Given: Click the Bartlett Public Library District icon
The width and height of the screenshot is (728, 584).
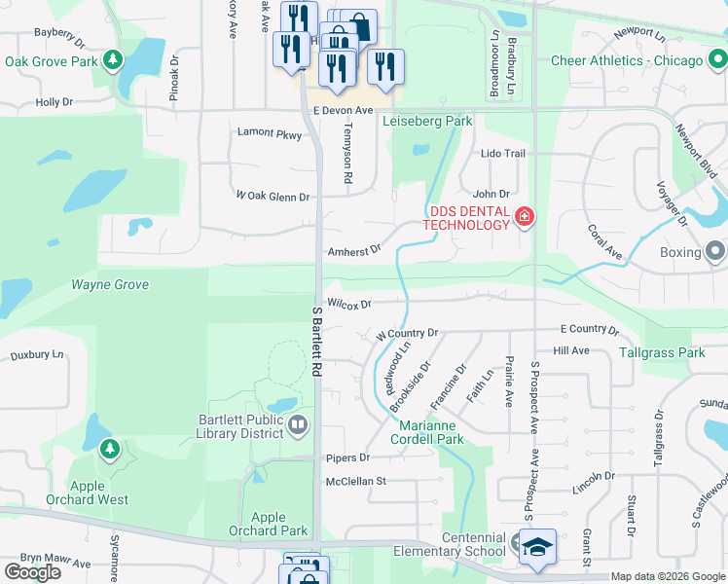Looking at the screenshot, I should (298, 423).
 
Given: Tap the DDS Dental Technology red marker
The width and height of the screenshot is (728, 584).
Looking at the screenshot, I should (525, 216).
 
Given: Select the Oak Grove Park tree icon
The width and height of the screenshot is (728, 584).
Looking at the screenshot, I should (114, 61).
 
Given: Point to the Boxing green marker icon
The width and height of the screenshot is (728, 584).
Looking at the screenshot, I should (716, 252).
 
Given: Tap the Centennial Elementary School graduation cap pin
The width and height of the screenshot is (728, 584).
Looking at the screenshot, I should (537, 547).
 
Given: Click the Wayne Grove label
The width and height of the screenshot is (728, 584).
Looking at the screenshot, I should (110, 285).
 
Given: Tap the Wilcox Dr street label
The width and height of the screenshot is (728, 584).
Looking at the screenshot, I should (349, 304).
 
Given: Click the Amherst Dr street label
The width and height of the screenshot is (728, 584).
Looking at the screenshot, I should (352, 251).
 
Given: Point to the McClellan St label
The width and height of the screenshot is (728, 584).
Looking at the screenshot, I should (356, 481).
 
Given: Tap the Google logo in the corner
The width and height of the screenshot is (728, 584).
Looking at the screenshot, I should (33, 572).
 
